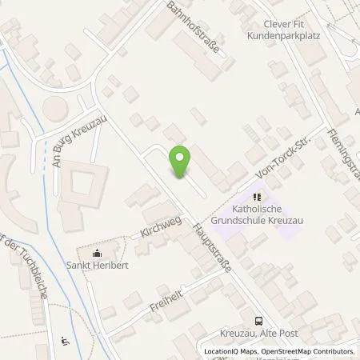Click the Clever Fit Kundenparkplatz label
pyautogui.click(x=274, y=30)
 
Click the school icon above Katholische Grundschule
pyautogui.click(x=257, y=196)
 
